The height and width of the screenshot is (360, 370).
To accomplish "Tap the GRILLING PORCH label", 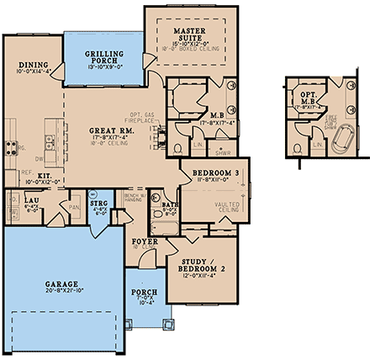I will pos(104,56).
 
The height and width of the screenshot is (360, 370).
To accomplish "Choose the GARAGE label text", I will pos(57,285).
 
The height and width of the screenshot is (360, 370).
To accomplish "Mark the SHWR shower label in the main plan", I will pos(223,151).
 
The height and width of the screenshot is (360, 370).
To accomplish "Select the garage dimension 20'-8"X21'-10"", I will pos(57,293).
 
